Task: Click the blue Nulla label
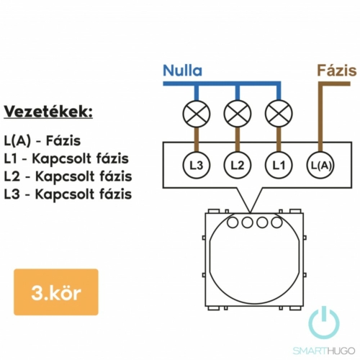[x=182, y=71]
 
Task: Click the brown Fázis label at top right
[x=337, y=71]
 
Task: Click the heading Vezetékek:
[x=48, y=112]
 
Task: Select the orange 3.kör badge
[x=56, y=292]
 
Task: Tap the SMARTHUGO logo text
[x=324, y=351]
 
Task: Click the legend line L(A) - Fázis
[x=42, y=141]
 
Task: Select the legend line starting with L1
[x=66, y=158]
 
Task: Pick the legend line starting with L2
[x=68, y=176]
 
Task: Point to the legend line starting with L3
[x=68, y=194]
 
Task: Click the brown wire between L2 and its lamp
[x=238, y=140]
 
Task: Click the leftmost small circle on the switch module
[x=233, y=222]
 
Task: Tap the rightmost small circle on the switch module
[x=276, y=222]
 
